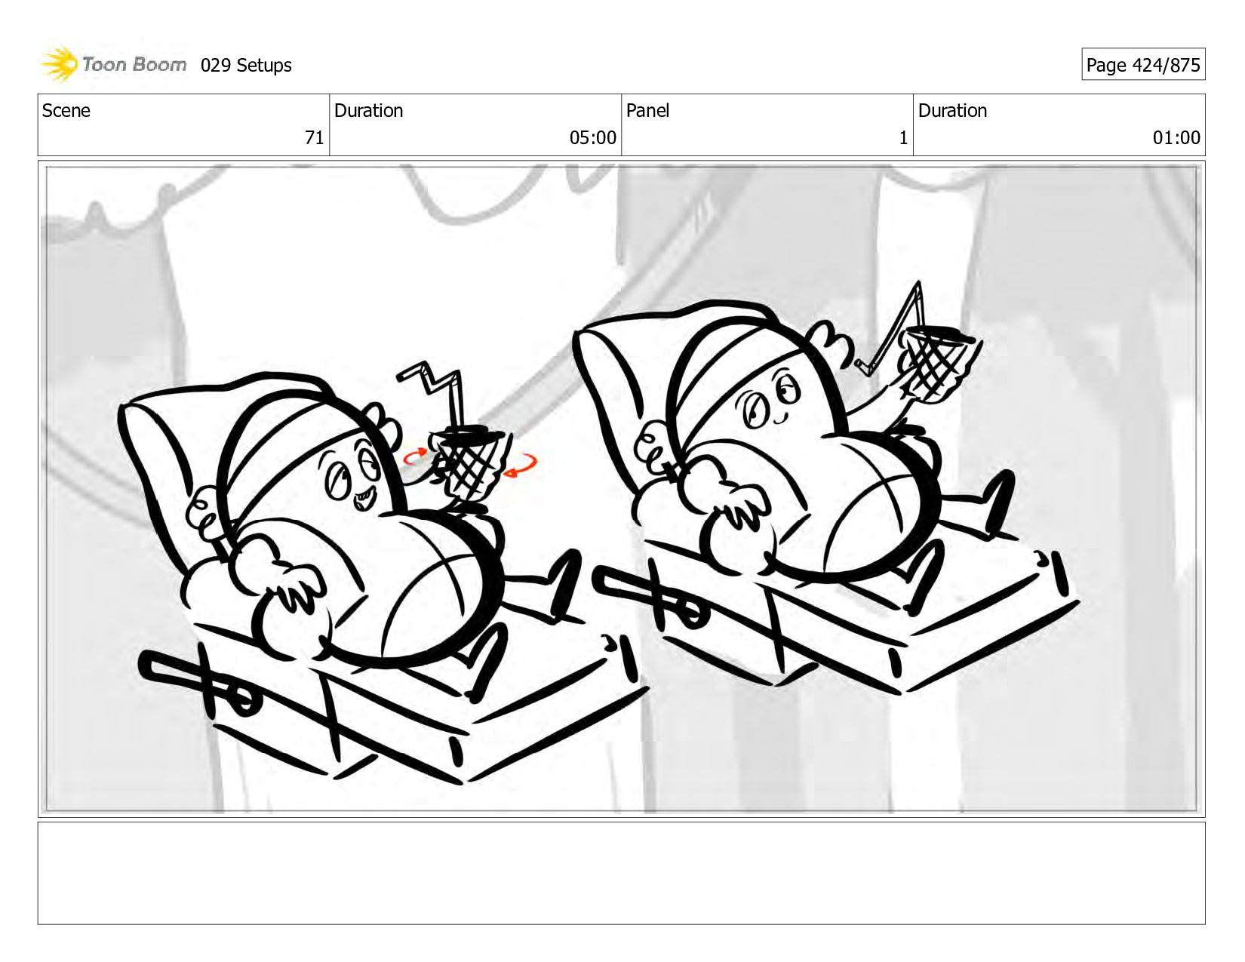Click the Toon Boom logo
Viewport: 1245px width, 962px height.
(x=113, y=64)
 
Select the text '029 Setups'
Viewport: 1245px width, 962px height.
(x=246, y=66)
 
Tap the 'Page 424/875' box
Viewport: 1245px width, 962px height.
(x=1143, y=64)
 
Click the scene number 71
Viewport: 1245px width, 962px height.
(x=314, y=138)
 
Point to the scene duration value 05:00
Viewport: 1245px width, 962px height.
(x=592, y=138)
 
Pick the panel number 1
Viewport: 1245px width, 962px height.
(x=903, y=138)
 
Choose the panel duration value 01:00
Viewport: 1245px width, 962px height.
(x=1176, y=138)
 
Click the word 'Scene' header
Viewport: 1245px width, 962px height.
(x=66, y=111)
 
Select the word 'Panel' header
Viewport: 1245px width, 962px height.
(x=647, y=111)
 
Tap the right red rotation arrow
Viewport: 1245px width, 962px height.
(x=521, y=466)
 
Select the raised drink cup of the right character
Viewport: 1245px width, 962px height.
(x=936, y=361)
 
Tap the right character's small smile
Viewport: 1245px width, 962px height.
(x=780, y=417)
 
